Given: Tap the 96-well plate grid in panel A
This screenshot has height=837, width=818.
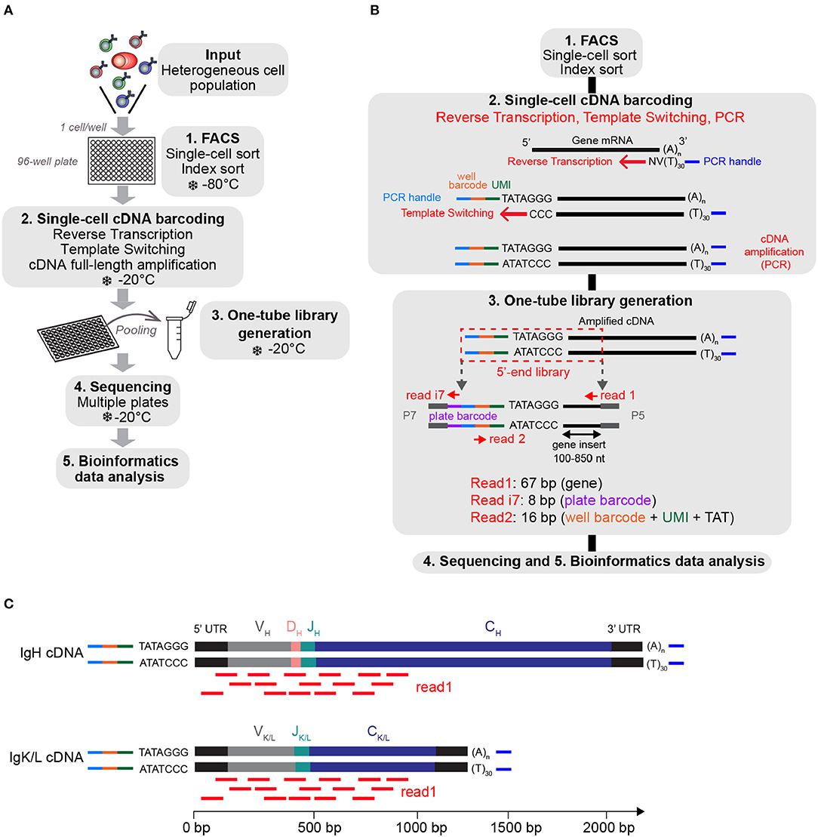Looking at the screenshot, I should tap(122, 165).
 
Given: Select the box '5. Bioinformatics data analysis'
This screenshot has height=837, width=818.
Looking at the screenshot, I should tap(121, 469).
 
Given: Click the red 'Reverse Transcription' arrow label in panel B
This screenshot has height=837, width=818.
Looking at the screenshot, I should tap(559, 161).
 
